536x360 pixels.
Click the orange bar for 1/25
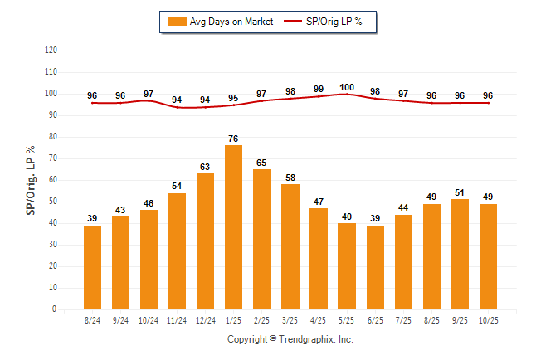pos(233,227)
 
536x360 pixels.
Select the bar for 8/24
pos(92,267)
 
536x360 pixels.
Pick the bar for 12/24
pos(205,241)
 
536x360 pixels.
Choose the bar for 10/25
pos(488,256)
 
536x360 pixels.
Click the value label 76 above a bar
pos(233,139)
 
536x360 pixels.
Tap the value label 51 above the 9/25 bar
pos(460,192)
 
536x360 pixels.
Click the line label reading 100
pos(347,87)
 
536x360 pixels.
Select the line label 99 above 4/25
pos(319,89)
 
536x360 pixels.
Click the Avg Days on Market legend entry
pos(221,22)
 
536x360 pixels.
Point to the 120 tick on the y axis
pos(51,51)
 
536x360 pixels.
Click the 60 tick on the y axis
pos(53,180)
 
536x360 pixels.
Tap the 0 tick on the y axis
pos(55,309)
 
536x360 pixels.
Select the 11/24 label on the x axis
pos(177,320)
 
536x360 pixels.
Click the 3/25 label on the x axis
pos(290,320)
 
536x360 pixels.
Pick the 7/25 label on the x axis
pos(403,320)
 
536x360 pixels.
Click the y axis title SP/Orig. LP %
pos(31,180)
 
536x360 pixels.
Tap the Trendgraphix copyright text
pos(290,339)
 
